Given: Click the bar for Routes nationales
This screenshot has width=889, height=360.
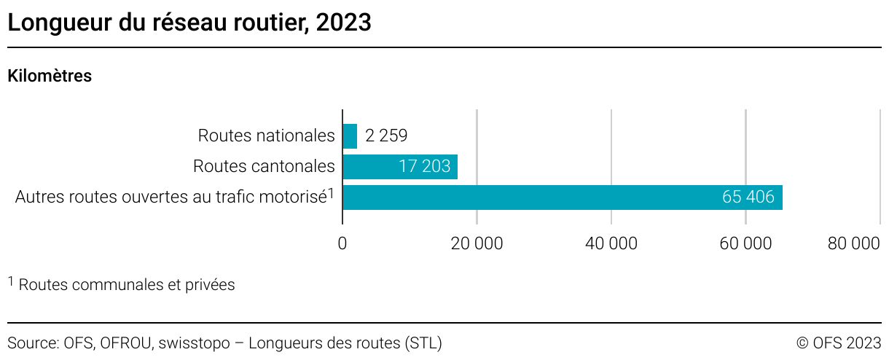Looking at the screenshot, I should [x=350, y=136].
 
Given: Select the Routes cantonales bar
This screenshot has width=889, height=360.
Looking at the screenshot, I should [x=400, y=167].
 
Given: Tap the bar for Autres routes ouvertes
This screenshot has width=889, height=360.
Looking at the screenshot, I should [x=562, y=197].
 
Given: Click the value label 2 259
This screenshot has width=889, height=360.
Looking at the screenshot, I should [x=386, y=136].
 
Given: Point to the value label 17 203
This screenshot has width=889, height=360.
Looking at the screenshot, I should [x=425, y=167].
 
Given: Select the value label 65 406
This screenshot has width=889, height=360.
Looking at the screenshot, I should [x=748, y=197].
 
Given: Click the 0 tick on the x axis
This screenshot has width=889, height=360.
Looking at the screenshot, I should [x=342, y=244].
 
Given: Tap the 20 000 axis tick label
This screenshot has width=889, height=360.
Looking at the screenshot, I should [x=477, y=244].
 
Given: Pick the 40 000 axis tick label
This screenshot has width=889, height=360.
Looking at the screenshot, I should [x=611, y=244].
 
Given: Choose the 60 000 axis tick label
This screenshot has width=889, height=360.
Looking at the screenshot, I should [x=745, y=244].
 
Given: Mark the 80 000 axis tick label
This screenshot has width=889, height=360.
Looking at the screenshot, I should [x=854, y=244].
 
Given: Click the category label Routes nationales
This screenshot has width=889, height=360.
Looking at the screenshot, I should [x=266, y=136].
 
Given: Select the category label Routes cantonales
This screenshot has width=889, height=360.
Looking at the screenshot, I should [x=264, y=167].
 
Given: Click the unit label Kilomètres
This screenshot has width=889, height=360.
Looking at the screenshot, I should [x=50, y=76].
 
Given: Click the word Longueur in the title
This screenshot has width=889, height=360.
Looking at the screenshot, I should [x=55, y=23].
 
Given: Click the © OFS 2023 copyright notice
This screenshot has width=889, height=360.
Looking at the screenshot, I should [x=839, y=343].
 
